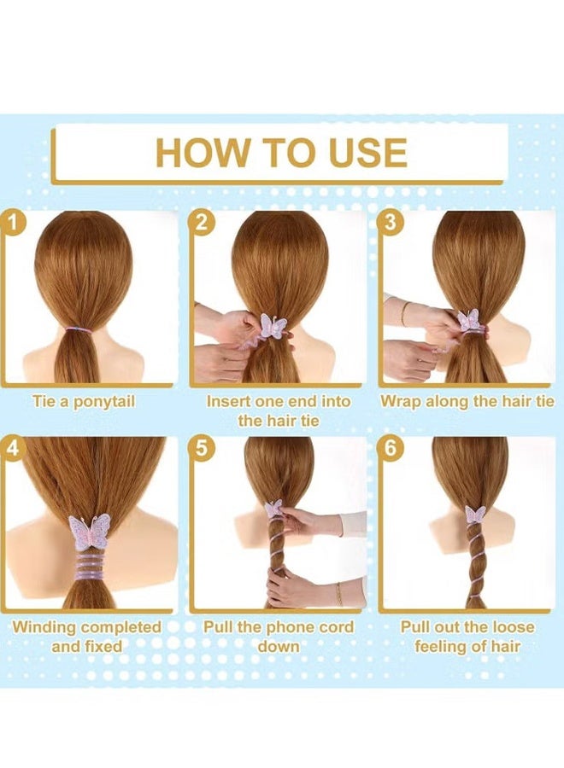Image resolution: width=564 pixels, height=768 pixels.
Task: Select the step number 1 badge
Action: point(11,223)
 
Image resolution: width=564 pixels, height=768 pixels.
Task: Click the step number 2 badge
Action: point(202,223)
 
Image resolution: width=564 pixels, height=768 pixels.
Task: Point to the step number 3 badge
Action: point(390,223)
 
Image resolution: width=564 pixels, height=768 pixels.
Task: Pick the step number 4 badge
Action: point(12,448)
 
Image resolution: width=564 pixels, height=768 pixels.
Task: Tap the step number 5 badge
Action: point(202,448)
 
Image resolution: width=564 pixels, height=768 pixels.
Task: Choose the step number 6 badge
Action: point(390,448)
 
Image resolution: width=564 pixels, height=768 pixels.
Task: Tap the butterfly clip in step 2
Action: point(273,326)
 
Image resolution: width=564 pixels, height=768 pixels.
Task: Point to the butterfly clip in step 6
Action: point(475,515)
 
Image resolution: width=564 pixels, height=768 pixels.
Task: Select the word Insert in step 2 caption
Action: point(228,401)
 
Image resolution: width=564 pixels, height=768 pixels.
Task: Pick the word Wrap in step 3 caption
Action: point(400,402)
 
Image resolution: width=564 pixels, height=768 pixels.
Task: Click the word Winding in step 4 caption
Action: point(44,627)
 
